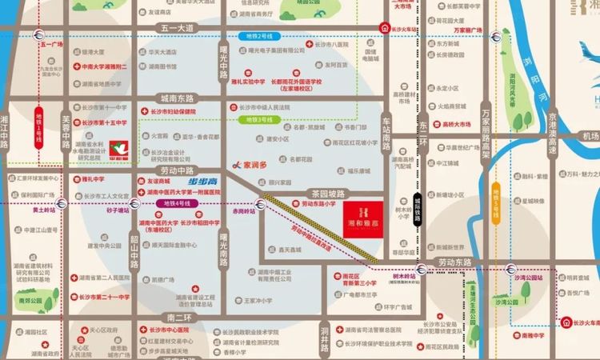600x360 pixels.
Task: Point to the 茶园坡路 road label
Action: [326, 194]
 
